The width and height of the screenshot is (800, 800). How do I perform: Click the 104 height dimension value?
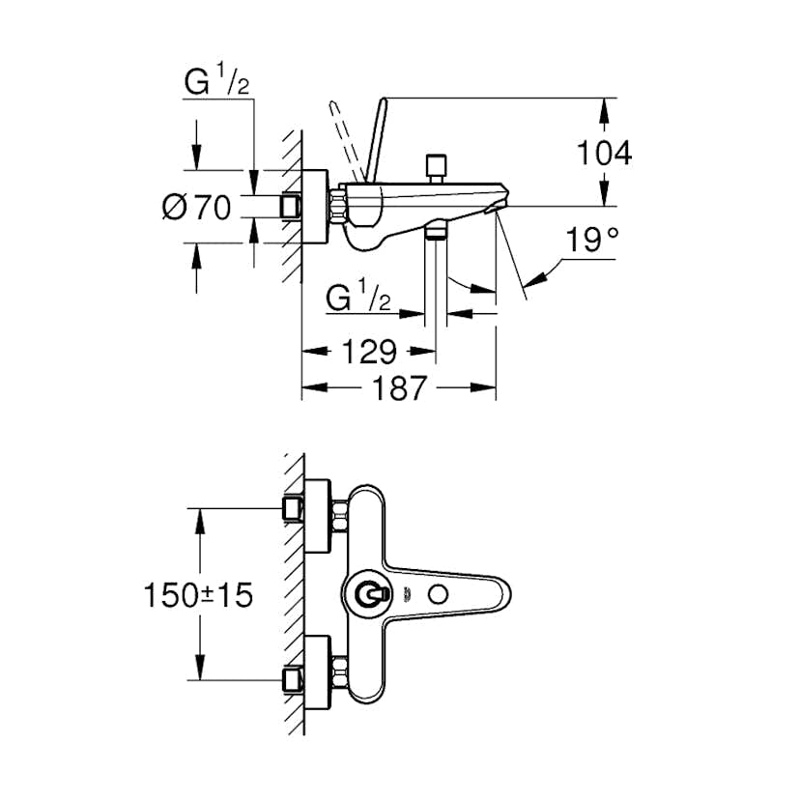tap(604, 152)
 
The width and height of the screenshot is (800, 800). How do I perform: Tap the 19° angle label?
tap(592, 241)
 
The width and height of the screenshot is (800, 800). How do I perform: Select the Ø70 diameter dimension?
tap(198, 207)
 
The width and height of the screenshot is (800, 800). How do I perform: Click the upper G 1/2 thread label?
tap(218, 83)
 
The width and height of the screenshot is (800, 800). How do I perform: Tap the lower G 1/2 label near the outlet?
tap(357, 300)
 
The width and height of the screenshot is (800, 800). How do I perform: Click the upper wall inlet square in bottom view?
tap(291, 509)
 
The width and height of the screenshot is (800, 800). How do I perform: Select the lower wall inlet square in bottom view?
tap(291, 679)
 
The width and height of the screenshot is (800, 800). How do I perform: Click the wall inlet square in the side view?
tap(290, 207)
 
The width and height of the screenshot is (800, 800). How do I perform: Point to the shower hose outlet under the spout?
tap(437, 231)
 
